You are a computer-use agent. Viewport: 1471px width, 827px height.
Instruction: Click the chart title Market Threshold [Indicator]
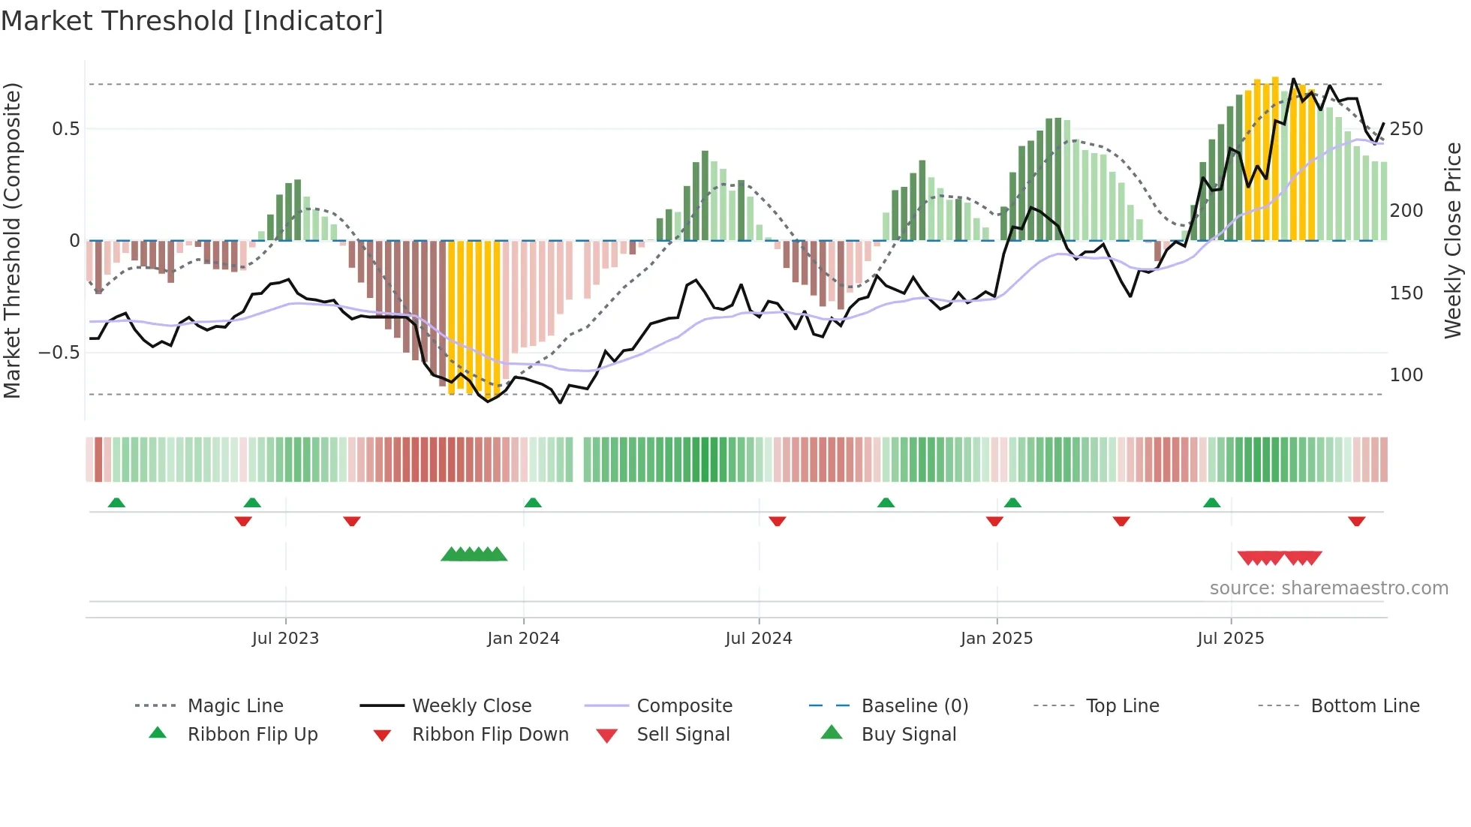tap(192, 21)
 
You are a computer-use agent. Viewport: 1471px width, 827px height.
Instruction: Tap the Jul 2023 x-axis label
tap(285, 639)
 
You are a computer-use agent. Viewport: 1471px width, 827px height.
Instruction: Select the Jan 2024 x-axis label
tap(523, 639)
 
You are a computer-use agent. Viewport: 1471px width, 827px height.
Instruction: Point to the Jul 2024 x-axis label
tap(759, 639)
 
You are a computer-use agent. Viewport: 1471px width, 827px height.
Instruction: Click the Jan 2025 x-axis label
tap(997, 639)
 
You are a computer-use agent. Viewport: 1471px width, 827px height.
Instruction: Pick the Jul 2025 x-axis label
tap(1231, 639)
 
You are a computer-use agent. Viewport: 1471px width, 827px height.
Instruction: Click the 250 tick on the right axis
tap(1406, 129)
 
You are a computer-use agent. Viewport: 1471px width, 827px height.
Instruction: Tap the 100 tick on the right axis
tap(1406, 375)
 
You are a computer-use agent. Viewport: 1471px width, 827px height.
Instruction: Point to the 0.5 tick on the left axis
tap(65, 129)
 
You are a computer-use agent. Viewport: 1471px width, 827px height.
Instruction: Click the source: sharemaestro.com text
tap(1328, 588)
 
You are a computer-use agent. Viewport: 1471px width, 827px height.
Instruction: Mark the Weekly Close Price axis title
tap(1453, 240)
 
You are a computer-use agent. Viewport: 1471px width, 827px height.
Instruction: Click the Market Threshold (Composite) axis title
tap(12, 240)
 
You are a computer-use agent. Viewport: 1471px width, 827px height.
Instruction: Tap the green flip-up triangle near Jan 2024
tap(533, 503)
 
